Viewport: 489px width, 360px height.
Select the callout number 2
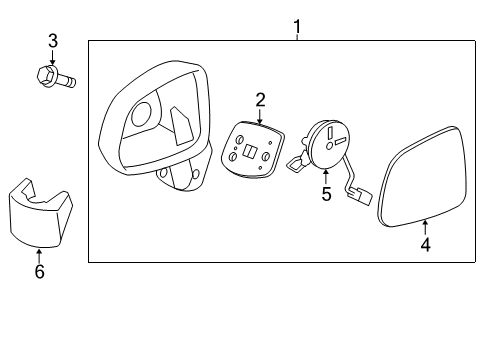point(259,99)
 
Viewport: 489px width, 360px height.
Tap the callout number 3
point(53,41)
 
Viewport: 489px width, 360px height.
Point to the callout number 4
point(425,244)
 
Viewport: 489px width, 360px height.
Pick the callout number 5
point(325,193)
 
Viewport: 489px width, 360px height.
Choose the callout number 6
point(39,271)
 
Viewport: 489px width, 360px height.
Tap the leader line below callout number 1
point(297,34)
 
